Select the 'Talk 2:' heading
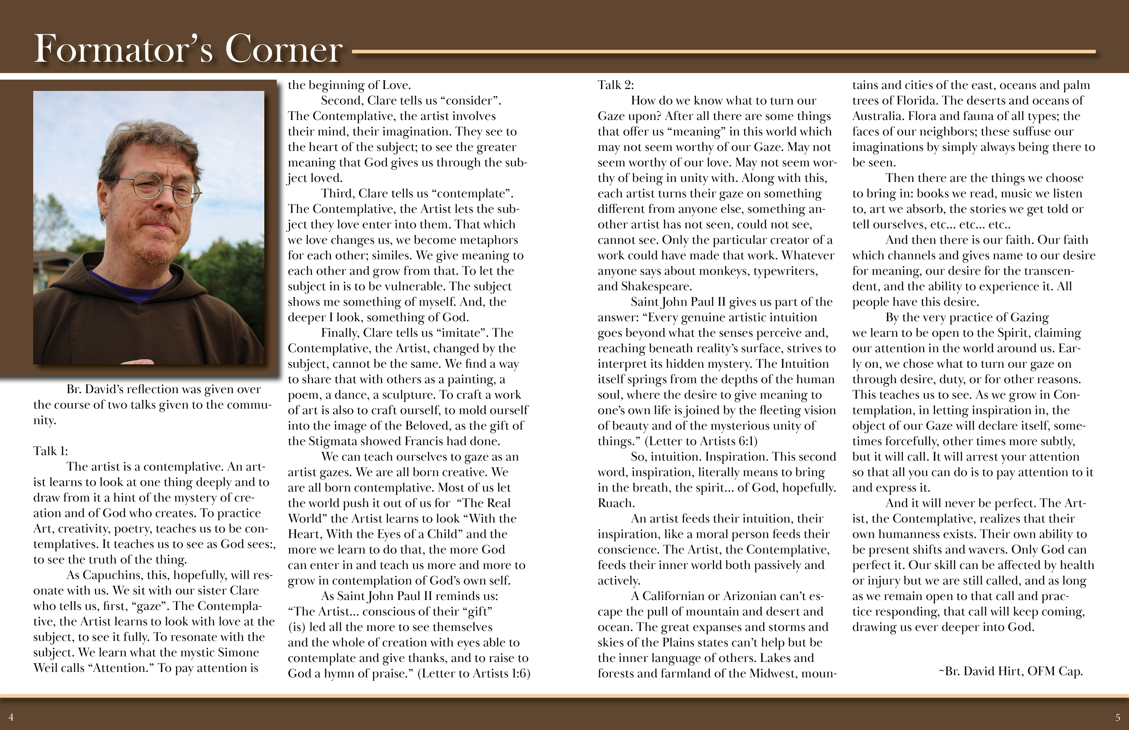pos(615,85)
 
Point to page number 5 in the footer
pos(1118,717)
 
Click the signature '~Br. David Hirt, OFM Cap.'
pos(1011,671)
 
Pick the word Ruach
pos(615,503)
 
